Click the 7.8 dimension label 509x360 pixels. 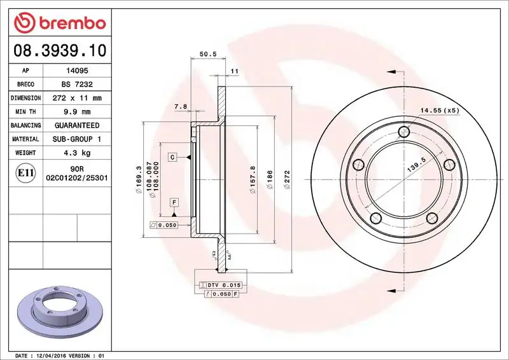click(180, 107)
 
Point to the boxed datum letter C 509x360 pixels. click(172, 156)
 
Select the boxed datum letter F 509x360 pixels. click(172, 202)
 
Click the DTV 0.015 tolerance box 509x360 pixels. click(219, 285)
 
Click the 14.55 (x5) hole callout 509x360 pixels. click(439, 111)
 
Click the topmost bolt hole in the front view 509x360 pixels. click(403, 132)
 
